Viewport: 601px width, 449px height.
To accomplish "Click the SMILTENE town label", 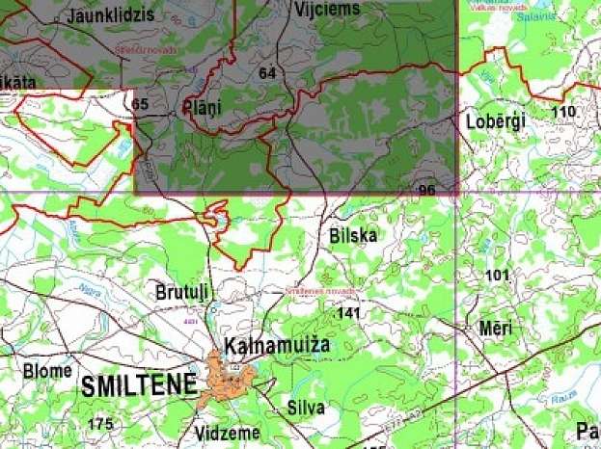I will coord(139,386).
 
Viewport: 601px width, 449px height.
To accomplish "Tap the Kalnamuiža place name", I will coord(277,345).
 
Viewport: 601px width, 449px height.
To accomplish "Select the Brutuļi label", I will coord(181,291).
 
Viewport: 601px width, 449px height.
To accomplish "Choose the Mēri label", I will coord(496,329).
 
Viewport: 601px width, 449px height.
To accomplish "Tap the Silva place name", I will coord(306,407).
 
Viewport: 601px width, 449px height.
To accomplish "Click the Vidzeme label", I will coord(226,433).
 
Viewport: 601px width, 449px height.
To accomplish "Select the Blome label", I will coord(47,371).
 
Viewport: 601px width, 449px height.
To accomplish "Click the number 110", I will coord(561,112).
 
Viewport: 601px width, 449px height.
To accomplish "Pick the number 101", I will coord(496,276).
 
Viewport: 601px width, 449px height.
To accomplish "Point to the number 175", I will coord(99,424).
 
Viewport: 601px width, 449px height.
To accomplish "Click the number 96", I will coord(426,190).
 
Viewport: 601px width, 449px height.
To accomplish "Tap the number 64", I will coord(267,72).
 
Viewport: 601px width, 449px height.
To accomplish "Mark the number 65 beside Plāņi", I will coord(141,104).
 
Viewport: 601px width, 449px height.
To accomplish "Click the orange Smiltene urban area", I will coord(232,378).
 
